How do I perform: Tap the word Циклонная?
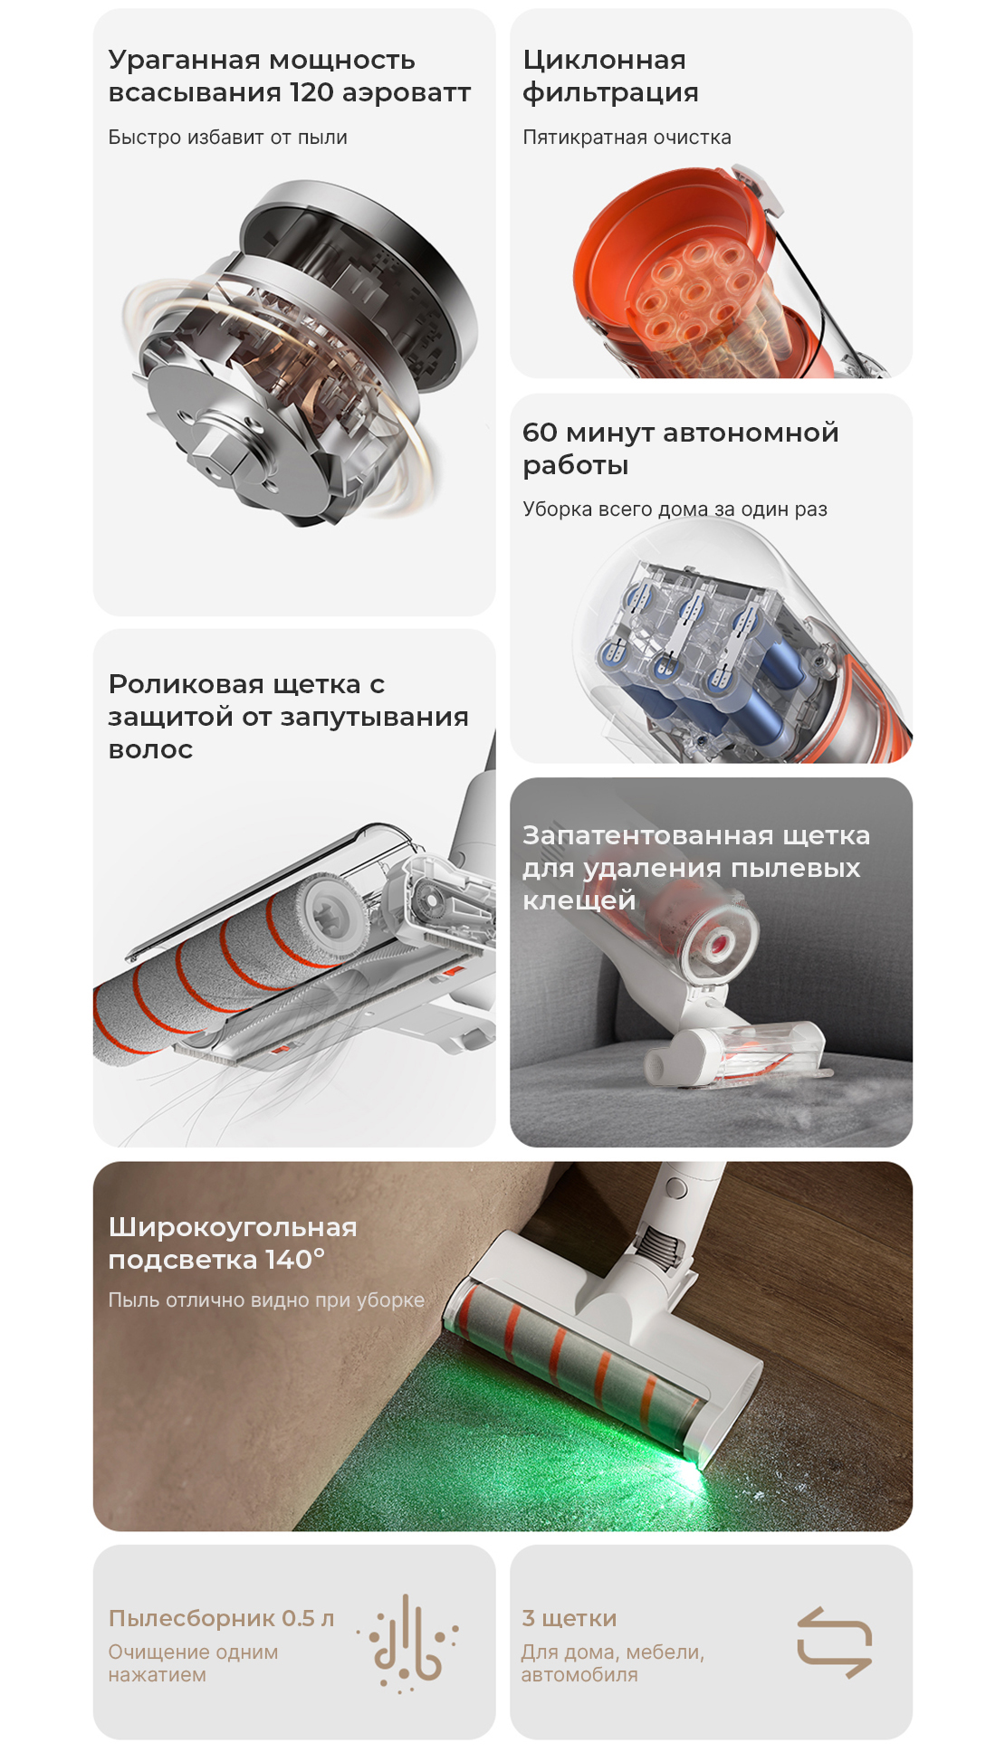(x=604, y=60)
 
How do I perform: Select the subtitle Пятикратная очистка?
(x=627, y=138)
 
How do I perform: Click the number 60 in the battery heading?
(x=540, y=433)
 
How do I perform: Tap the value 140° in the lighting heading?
(x=295, y=1259)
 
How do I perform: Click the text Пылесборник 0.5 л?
(x=221, y=1618)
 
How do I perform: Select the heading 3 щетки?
(x=569, y=1618)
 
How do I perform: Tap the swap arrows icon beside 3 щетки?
(x=834, y=1642)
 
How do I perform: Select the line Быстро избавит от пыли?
(x=227, y=138)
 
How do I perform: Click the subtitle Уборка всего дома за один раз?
(x=675, y=509)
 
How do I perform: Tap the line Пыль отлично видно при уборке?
(x=266, y=1300)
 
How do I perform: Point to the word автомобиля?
(x=579, y=1675)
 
